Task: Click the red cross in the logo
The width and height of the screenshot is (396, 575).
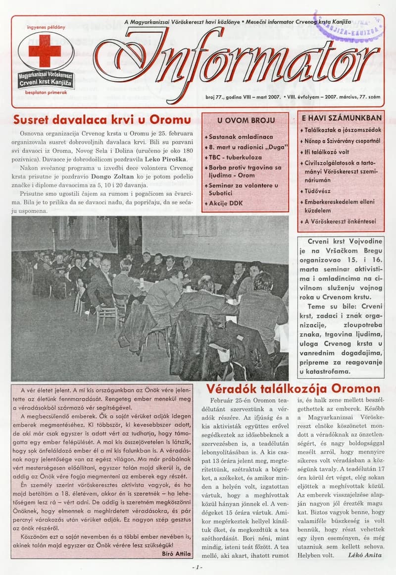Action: pos(45,51)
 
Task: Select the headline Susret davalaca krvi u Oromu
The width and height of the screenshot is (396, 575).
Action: pos(101,119)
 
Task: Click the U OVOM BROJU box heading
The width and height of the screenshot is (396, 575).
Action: pos(245,120)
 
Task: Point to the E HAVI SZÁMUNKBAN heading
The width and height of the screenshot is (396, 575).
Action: pos(342,118)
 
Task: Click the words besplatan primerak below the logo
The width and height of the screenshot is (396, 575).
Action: pos(46,92)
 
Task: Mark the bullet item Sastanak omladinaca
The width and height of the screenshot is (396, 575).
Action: pos(241,136)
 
